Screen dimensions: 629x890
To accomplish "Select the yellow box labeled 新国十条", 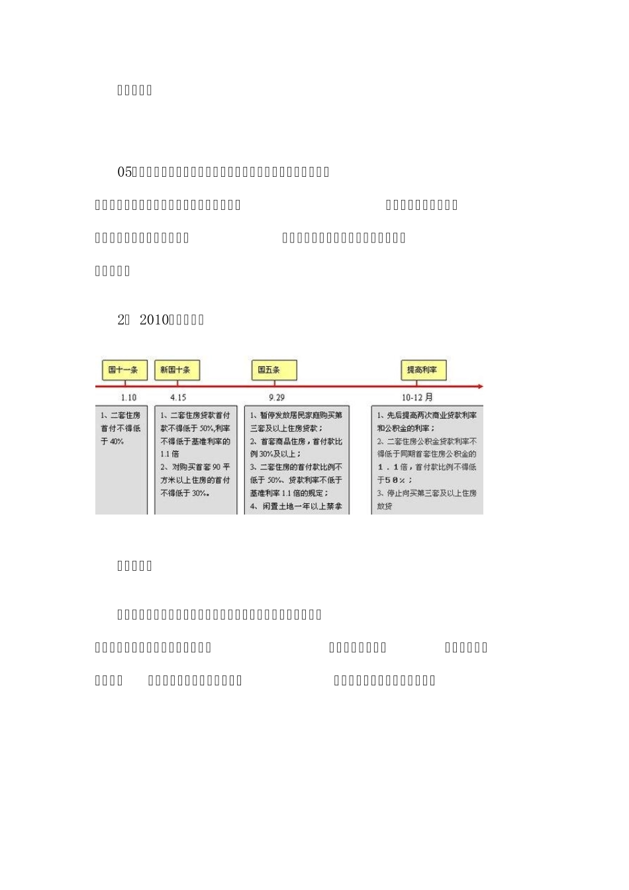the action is [176, 370].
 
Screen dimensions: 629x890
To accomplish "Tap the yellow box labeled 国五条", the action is [273, 370].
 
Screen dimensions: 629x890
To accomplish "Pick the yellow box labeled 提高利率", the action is [423, 370].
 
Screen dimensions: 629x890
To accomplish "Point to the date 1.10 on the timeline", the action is [128, 397].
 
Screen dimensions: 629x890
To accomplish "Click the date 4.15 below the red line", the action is [178, 397].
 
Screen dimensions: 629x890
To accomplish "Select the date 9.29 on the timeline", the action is [277, 397].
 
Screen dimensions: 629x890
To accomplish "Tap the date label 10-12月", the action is [417, 397].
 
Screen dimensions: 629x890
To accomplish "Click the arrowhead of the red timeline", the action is [480, 386].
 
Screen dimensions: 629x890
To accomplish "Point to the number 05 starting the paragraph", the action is [124, 172].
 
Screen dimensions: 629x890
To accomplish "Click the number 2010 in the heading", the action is [155, 320].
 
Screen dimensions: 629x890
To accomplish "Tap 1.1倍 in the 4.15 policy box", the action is [169, 454].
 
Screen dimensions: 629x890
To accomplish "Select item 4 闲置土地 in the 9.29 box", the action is [296, 507].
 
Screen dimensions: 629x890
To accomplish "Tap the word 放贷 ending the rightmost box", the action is [385, 507].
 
